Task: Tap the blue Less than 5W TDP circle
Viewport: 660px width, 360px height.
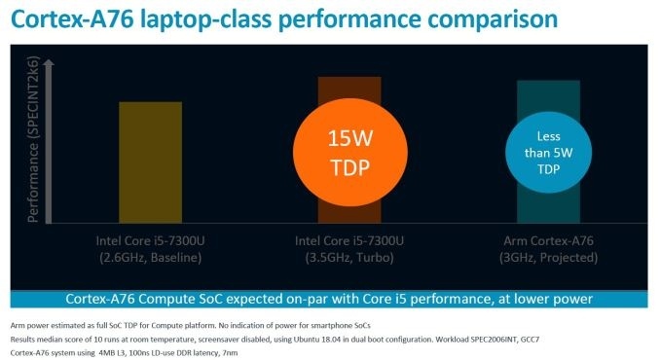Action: (x=548, y=151)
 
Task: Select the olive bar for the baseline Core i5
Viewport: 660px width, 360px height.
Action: (x=150, y=161)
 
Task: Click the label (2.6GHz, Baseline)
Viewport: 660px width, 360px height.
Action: (x=150, y=257)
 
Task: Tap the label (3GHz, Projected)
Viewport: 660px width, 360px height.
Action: (x=548, y=257)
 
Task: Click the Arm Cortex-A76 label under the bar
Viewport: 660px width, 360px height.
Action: (x=548, y=240)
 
